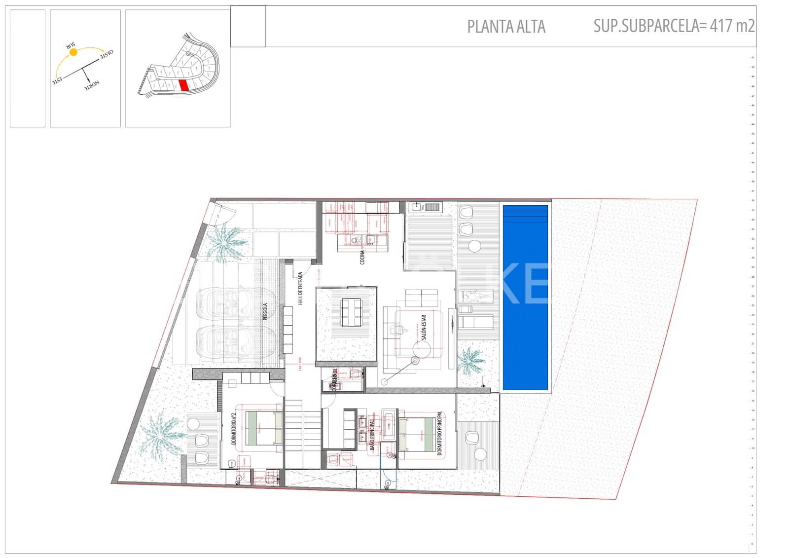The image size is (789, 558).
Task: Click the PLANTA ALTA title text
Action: (506, 27)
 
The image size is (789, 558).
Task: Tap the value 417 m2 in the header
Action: (732, 26)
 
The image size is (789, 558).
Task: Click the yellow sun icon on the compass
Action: (73, 52)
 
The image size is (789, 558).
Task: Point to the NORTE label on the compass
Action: (92, 84)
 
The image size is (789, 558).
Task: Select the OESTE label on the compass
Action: (107, 53)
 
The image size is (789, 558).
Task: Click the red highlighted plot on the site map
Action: (183, 85)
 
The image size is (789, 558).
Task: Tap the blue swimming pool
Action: (525, 298)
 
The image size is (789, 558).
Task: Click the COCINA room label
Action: (362, 257)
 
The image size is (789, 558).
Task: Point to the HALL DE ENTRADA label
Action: (300, 288)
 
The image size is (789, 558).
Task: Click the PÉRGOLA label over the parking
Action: (265, 312)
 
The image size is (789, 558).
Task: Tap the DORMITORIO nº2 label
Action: (234, 429)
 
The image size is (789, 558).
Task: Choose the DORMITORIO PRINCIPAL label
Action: (439, 433)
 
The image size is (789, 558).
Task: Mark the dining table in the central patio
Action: (352, 313)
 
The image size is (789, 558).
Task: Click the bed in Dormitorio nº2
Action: (264, 428)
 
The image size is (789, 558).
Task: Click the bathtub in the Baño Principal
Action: (389, 424)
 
